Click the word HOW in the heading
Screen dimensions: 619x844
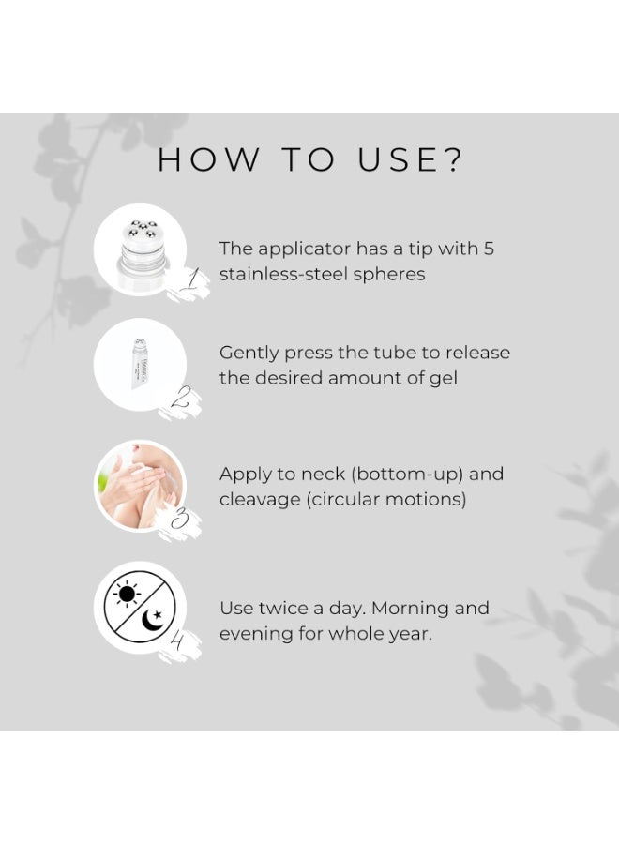point(208,159)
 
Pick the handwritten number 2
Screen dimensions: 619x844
point(182,399)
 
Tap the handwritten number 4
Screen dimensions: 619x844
point(177,641)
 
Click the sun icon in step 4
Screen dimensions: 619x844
point(127,595)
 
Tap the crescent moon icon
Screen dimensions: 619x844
point(153,619)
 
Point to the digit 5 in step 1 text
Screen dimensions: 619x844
point(489,249)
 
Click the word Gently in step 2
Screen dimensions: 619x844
point(249,354)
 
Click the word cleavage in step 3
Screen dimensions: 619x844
point(260,500)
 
